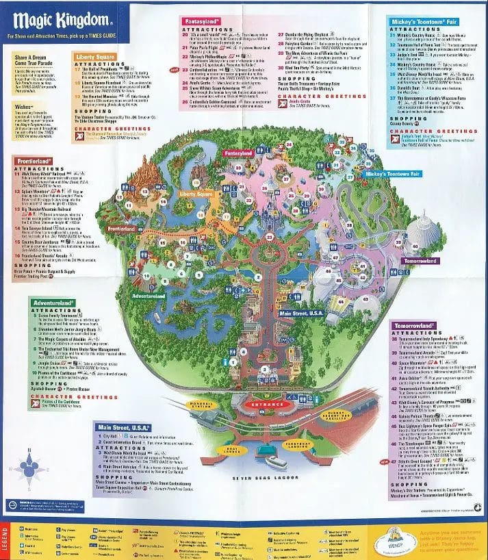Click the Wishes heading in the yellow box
click(20, 127)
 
